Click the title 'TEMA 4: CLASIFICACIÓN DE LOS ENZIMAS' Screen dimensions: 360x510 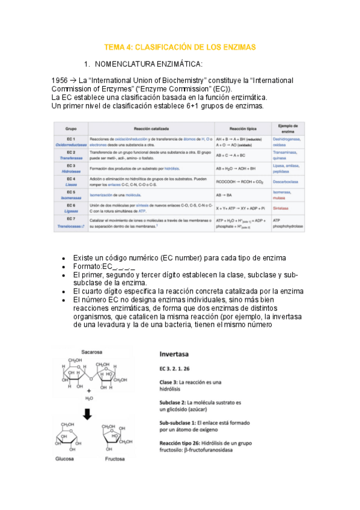click(x=180, y=46)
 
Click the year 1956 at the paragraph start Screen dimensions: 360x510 click(x=62, y=80)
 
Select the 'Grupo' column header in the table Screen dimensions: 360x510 click(x=70, y=128)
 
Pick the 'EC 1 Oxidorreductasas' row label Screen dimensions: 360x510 click(x=70, y=141)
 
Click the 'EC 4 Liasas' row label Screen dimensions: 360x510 click(x=70, y=182)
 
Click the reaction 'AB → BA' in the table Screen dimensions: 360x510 click(x=222, y=195)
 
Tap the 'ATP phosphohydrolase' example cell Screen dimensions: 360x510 click(x=288, y=224)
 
